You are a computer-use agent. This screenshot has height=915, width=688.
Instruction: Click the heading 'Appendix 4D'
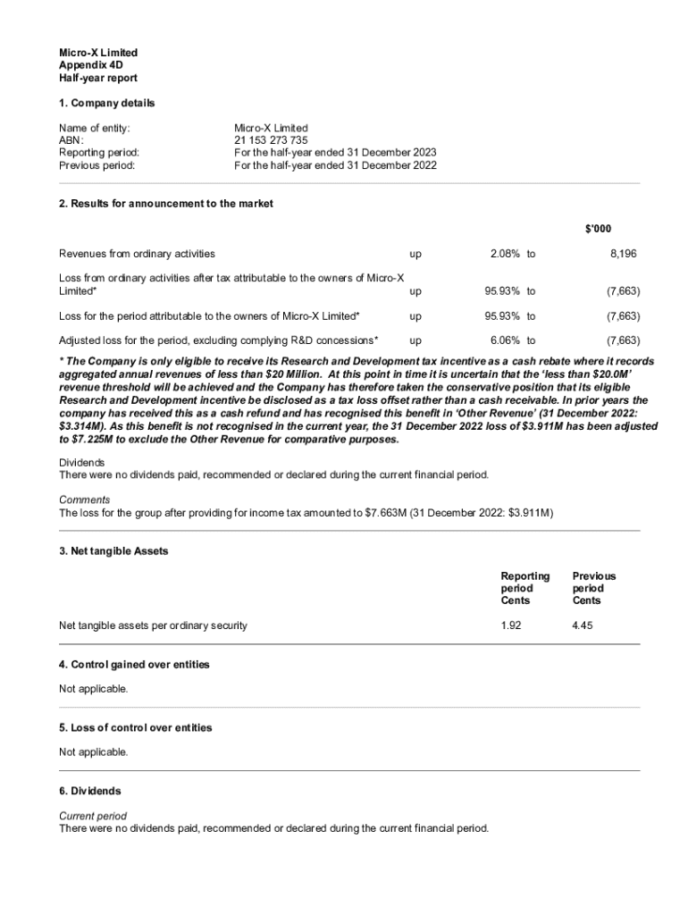(x=91, y=65)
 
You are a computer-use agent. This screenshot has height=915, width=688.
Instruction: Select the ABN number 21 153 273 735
(x=271, y=140)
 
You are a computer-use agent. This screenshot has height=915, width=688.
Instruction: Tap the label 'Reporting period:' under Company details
(x=98, y=153)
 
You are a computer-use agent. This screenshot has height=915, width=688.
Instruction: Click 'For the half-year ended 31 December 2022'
(x=335, y=165)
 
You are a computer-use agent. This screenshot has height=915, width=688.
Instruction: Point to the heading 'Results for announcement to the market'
(x=166, y=204)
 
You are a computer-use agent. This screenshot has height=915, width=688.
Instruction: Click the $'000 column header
(x=599, y=230)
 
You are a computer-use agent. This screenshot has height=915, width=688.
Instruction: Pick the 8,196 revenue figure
(x=624, y=254)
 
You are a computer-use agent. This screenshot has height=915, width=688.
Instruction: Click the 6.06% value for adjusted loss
(x=507, y=340)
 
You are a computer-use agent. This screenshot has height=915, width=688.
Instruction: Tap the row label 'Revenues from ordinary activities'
(x=137, y=254)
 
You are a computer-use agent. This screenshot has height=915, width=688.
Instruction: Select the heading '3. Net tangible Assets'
(x=113, y=551)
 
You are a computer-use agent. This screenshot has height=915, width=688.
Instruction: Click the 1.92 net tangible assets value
(x=511, y=625)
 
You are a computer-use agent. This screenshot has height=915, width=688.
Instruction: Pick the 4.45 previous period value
(x=583, y=625)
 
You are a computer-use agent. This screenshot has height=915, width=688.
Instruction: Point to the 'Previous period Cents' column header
(x=594, y=588)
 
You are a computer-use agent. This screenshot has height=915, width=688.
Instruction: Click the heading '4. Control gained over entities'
(x=134, y=665)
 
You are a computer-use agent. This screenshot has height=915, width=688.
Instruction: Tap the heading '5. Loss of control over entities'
(x=136, y=727)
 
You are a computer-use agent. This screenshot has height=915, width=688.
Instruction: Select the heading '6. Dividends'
(x=89, y=791)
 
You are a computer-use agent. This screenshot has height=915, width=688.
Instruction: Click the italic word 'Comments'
(x=85, y=499)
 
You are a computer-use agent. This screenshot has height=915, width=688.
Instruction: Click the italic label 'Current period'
(x=93, y=816)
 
